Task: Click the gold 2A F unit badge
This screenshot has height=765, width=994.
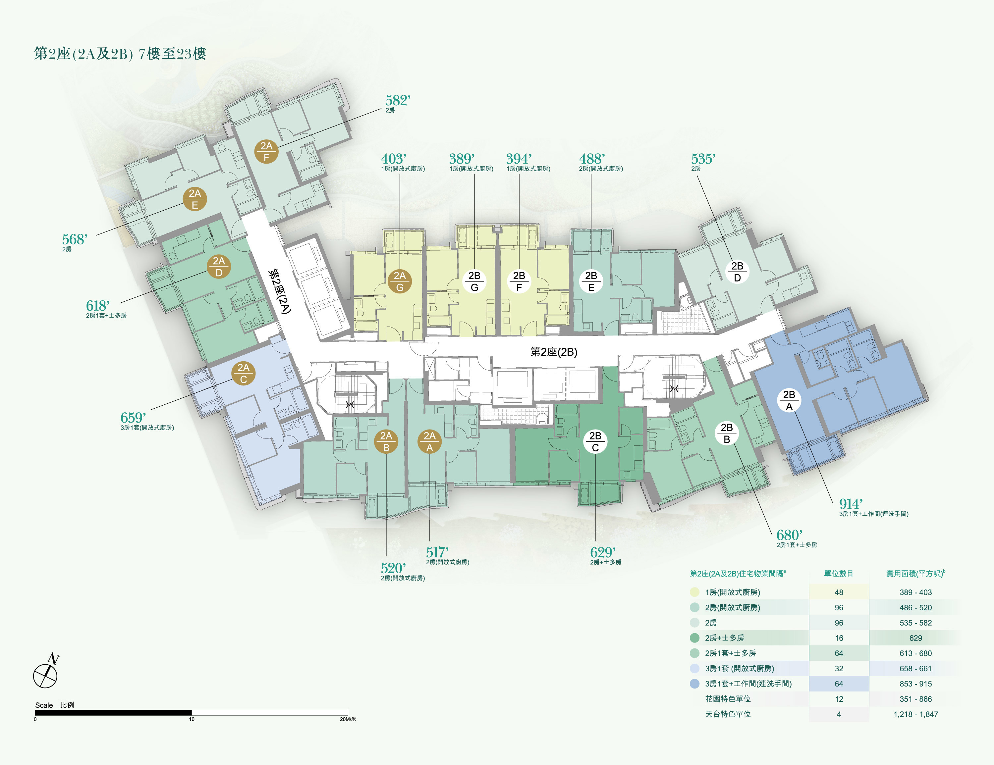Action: tap(266, 151)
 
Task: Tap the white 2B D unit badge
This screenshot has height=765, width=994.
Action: tap(737, 272)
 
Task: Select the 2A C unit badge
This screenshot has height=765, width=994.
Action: tap(244, 374)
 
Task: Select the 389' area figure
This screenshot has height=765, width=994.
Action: tap(462, 159)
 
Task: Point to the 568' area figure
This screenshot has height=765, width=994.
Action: tap(75, 239)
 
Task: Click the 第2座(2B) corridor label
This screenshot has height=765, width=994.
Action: tap(554, 352)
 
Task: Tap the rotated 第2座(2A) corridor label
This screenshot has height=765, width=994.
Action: tap(279, 291)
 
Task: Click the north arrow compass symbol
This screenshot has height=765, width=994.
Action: tap(46, 671)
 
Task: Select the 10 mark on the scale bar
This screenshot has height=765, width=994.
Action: tap(192, 719)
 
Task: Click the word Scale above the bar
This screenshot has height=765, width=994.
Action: tap(44, 705)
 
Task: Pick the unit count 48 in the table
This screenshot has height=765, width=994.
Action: tap(839, 592)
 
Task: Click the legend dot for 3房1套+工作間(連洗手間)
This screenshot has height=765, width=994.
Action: tap(694, 684)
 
